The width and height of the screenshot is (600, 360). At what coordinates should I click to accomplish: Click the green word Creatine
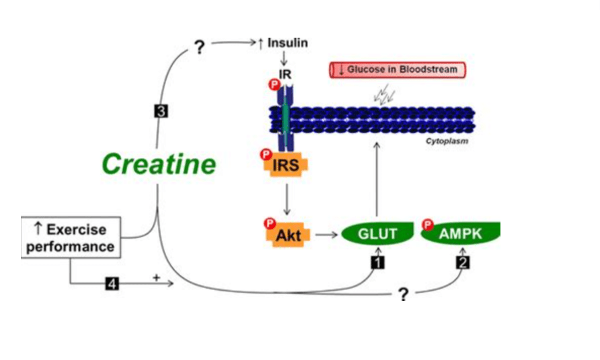[159, 164]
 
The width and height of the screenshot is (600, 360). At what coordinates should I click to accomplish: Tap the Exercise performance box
[71, 237]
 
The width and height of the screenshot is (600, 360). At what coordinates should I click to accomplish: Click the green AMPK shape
[461, 233]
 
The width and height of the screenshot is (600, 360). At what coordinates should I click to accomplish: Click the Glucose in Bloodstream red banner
[397, 69]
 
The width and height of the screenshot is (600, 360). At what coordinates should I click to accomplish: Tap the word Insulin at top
[288, 42]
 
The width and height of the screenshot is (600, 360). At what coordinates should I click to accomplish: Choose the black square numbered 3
[161, 112]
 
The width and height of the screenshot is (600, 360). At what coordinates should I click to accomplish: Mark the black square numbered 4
[112, 284]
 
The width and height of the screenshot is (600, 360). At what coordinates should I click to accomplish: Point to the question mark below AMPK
[403, 294]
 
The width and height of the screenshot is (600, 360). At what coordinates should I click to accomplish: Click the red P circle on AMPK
[427, 223]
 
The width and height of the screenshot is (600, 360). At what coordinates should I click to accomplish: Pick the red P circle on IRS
[266, 155]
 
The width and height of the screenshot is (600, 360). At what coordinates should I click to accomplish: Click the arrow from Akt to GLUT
[326, 235]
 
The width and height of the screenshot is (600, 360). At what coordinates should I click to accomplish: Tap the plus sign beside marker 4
[156, 277]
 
